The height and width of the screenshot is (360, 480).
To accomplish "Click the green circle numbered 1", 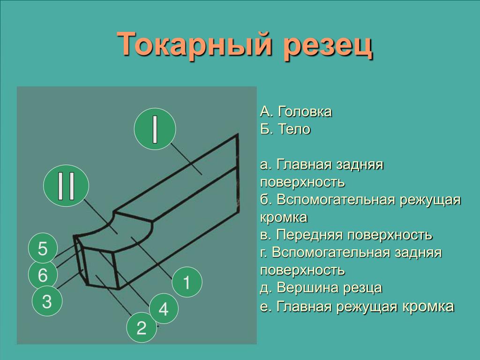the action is (x=187, y=282).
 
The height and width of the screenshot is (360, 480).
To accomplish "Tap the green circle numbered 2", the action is (x=142, y=328).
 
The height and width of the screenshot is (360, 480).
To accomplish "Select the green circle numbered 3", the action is (x=47, y=301).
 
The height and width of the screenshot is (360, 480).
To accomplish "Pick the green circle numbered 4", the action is (x=164, y=308).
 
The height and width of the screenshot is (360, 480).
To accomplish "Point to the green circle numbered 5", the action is (x=43, y=248).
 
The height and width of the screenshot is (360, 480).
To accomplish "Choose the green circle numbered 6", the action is (x=43, y=274).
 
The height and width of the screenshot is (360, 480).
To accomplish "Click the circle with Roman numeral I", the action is (x=155, y=129).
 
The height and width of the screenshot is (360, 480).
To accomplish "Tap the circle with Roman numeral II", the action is (x=66, y=186).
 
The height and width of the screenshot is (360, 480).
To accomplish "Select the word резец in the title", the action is (x=328, y=45).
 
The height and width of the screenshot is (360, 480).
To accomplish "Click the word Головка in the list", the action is (x=305, y=112).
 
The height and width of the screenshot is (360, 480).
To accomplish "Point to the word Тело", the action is (x=294, y=129).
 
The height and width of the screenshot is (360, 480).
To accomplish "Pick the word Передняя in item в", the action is (x=310, y=235).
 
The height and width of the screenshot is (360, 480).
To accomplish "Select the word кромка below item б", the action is (x=284, y=217).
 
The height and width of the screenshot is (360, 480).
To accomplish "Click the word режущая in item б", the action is (x=430, y=200).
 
